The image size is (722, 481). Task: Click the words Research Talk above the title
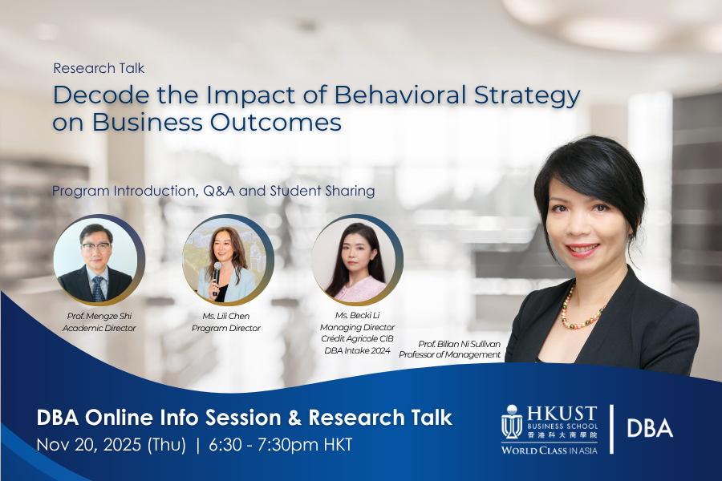99,68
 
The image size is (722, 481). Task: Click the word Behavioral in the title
400,95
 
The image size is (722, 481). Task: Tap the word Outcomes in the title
276,123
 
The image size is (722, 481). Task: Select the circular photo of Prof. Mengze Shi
99,260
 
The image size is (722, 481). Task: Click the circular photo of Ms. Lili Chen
228,260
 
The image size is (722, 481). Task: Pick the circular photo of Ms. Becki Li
357,260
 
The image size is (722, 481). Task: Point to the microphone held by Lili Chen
217,276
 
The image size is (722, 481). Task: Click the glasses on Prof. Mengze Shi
95,246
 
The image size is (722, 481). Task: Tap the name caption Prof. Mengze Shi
99,316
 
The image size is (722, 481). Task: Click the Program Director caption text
226,328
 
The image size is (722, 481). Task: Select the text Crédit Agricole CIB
357,339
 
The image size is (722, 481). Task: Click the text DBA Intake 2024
357,351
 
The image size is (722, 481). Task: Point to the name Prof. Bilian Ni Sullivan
459,344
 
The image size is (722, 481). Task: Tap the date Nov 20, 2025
88,445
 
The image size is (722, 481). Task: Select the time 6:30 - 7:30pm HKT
281,445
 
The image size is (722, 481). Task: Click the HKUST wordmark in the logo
562,414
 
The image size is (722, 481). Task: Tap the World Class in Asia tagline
550,451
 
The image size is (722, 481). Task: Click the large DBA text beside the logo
650,429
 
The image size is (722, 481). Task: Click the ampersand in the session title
294,418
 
